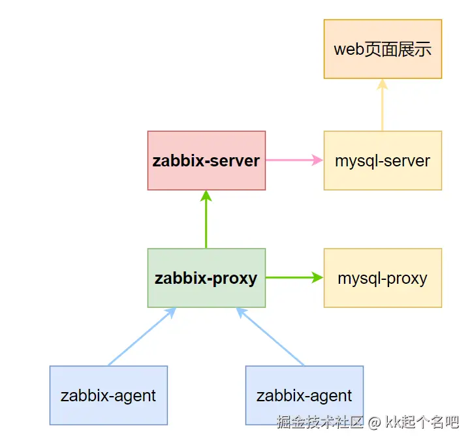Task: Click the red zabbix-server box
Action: click(x=206, y=160)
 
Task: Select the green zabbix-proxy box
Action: click(x=206, y=278)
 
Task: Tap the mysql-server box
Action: click(x=383, y=160)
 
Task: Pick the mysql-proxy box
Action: click(x=383, y=278)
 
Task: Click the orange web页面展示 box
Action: click(x=383, y=49)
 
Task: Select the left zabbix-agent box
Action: click(x=108, y=395)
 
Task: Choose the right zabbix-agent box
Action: click(x=304, y=395)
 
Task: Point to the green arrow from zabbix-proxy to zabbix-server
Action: click(x=206, y=222)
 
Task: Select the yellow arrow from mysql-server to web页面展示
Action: click(x=383, y=108)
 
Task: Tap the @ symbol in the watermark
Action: click(x=373, y=423)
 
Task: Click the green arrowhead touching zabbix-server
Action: click(x=206, y=195)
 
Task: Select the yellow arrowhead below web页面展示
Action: click(x=383, y=84)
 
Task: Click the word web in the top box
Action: click(x=348, y=50)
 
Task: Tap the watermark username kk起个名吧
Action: click(x=421, y=422)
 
